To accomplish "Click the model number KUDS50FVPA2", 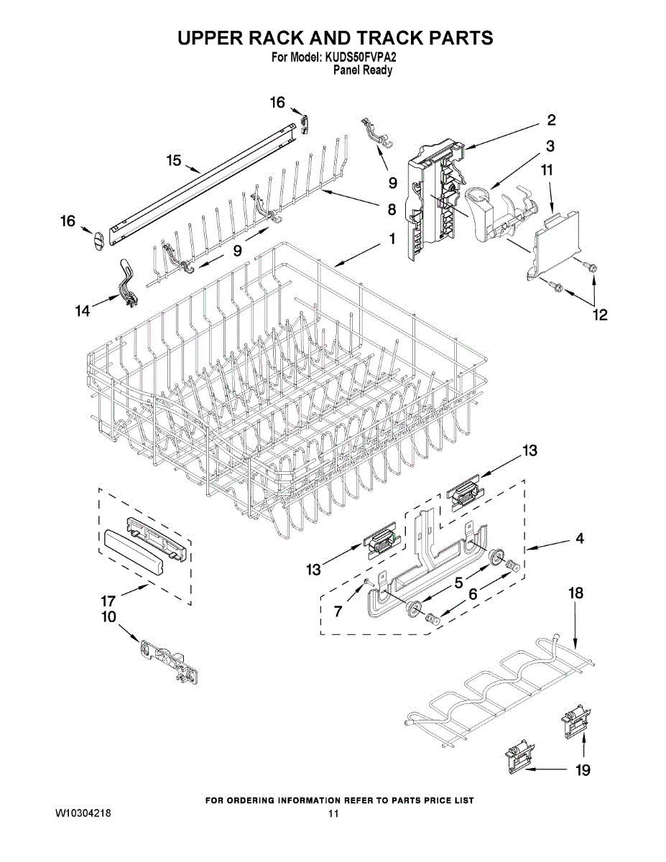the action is click(360, 57).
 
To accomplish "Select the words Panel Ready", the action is click(363, 70).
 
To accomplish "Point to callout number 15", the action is click(174, 161).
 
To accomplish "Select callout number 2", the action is click(550, 120).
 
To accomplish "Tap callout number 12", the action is click(600, 315).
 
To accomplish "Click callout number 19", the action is click(583, 770).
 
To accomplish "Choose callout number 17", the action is click(108, 601).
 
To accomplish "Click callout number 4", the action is click(580, 538).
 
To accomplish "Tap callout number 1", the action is click(392, 239).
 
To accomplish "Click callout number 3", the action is click(550, 147).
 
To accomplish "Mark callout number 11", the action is click(547, 170).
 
